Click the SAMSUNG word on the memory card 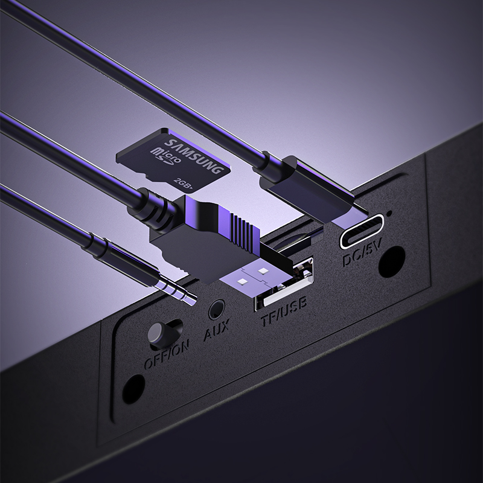(x=193, y=157)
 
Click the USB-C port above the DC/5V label (x=362, y=231)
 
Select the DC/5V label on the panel (x=362, y=252)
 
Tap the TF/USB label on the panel (x=284, y=311)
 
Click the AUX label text (x=217, y=330)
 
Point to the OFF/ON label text (x=167, y=354)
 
